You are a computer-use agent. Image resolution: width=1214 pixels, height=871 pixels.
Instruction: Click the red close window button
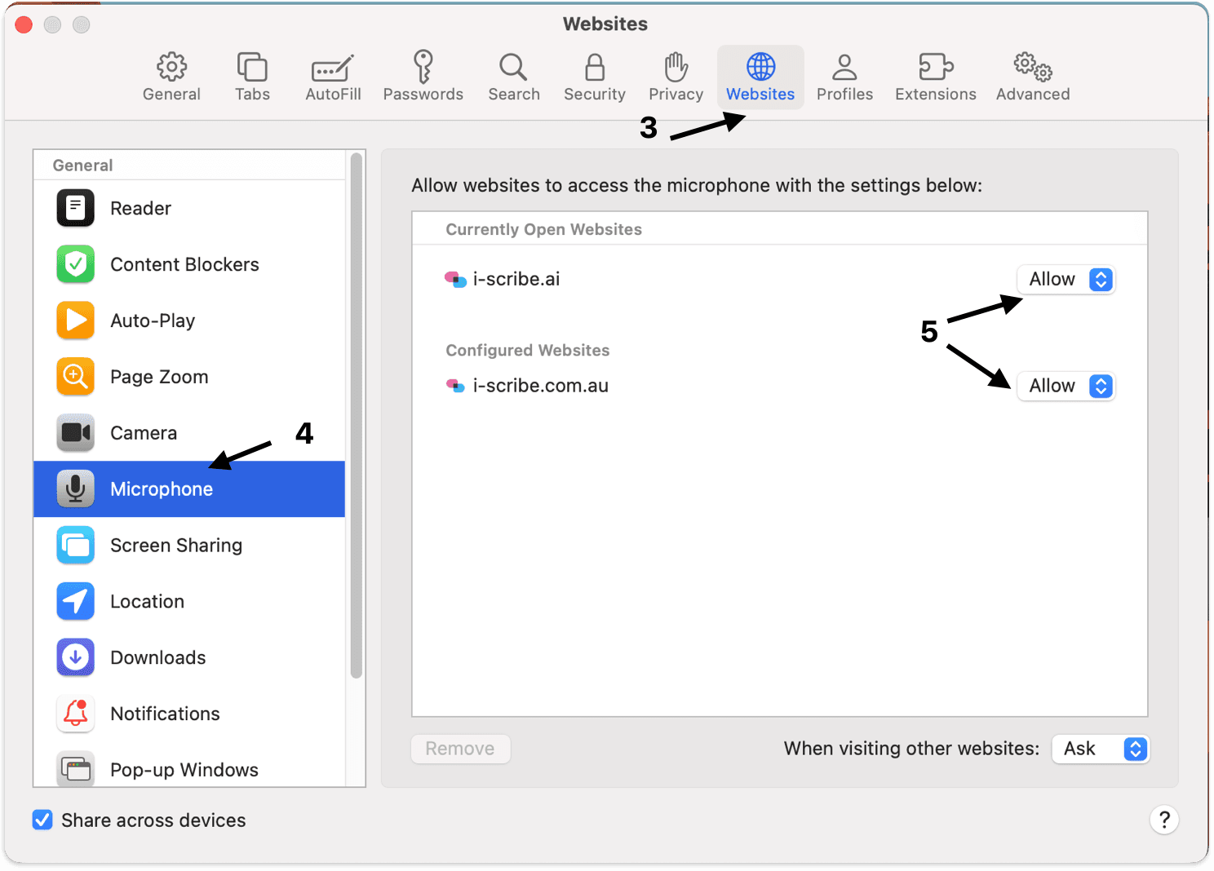[x=24, y=25]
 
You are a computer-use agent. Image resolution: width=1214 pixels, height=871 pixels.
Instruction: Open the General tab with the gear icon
[x=171, y=77]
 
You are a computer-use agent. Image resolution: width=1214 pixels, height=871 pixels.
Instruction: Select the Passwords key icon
[x=423, y=67]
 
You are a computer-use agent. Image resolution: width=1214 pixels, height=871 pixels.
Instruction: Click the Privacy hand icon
[x=676, y=67]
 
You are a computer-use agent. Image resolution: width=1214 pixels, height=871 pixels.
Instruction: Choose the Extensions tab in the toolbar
[x=936, y=77]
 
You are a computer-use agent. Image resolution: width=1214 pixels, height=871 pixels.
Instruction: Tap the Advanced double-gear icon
[x=1033, y=67]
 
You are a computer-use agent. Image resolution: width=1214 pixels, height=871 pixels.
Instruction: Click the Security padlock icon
[x=595, y=67]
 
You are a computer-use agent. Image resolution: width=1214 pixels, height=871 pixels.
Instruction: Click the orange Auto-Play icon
[x=75, y=321]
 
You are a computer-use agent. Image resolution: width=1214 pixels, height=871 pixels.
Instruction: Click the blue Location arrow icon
[x=75, y=601]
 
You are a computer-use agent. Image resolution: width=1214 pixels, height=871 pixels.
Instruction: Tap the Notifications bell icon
[x=75, y=714]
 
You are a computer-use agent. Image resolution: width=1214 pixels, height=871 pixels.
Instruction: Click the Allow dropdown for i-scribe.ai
[x=1066, y=280]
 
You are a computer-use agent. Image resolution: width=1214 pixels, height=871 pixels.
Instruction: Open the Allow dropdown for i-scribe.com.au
[x=1066, y=387]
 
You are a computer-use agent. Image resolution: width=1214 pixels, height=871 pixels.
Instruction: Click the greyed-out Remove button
[x=460, y=749]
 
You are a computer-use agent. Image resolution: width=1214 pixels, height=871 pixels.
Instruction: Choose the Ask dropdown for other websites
[x=1100, y=749]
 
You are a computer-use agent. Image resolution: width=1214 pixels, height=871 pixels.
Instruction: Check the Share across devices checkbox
[x=42, y=820]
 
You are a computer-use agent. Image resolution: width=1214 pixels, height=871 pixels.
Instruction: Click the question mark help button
[x=1163, y=820]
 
